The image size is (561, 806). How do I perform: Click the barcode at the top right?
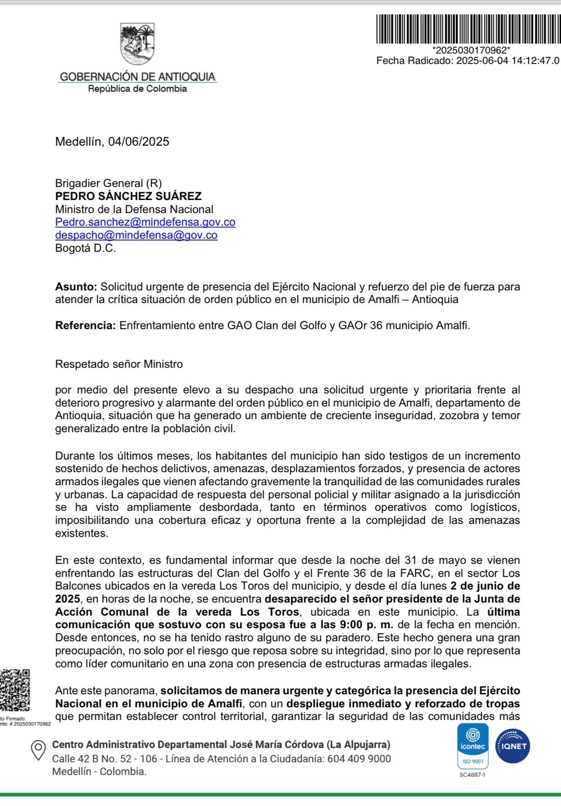pyautogui.click(x=468, y=29)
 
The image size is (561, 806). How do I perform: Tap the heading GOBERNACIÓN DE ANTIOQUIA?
pyautogui.click(x=137, y=77)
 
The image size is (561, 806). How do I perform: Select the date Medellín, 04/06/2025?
pyautogui.click(x=112, y=142)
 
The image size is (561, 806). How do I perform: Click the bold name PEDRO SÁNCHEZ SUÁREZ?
pyautogui.click(x=128, y=196)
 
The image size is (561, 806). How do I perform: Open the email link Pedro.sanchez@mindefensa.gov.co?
pyautogui.click(x=145, y=222)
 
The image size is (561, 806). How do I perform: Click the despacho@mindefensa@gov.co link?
pyautogui.click(x=136, y=235)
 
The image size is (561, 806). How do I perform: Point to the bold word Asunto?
pyautogui.click(x=76, y=287)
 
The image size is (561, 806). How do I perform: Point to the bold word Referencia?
pyautogui.click(x=85, y=326)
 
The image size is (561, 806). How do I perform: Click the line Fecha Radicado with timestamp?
pyautogui.click(x=467, y=61)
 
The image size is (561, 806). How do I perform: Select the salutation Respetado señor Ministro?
pyautogui.click(x=119, y=364)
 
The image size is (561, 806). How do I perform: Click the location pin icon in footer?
pyautogui.click(x=38, y=751)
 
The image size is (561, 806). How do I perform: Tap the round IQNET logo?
pyautogui.click(x=514, y=746)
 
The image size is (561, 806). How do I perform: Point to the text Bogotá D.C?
pyautogui.click(x=85, y=249)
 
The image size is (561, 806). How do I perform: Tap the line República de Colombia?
pyautogui.click(x=137, y=89)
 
